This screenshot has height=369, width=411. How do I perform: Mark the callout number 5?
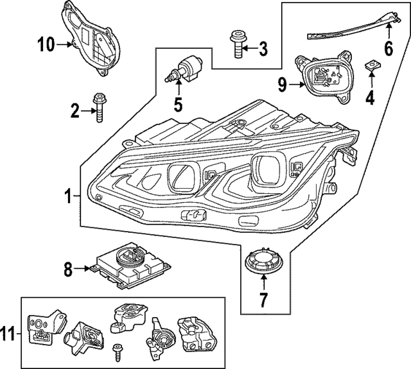pos(178,102)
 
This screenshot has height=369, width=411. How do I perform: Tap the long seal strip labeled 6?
pos(350,28)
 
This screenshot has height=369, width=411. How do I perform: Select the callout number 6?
pos(388,48)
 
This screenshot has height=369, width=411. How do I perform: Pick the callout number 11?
pos(8,333)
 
